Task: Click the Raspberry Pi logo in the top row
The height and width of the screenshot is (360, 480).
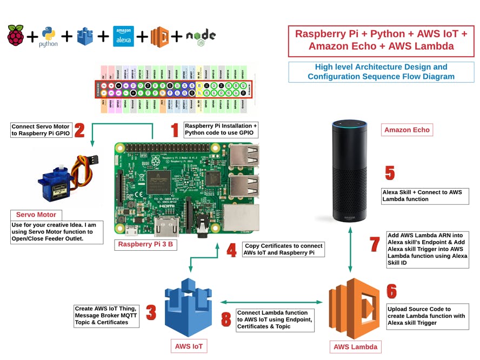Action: click(x=16, y=36)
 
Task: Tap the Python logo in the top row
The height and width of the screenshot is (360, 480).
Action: click(x=48, y=36)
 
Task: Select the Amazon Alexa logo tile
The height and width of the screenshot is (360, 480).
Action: click(x=123, y=36)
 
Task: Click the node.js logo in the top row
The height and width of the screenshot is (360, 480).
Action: click(x=201, y=36)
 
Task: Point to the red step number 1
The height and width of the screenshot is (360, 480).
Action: click(x=175, y=130)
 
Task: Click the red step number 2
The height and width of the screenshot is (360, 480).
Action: click(x=79, y=130)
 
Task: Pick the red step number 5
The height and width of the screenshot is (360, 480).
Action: click(x=390, y=173)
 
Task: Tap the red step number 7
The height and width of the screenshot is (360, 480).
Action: click(x=375, y=244)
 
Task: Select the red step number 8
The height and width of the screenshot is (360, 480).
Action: click(x=226, y=319)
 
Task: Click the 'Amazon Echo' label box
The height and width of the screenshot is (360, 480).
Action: click(x=407, y=130)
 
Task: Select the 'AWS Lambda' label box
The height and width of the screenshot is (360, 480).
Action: click(x=355, y=346)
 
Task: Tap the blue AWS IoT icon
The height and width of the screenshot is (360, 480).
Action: click(x=188, y=308)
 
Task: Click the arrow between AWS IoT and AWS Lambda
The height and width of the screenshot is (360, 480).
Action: click(x=270, y=303)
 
